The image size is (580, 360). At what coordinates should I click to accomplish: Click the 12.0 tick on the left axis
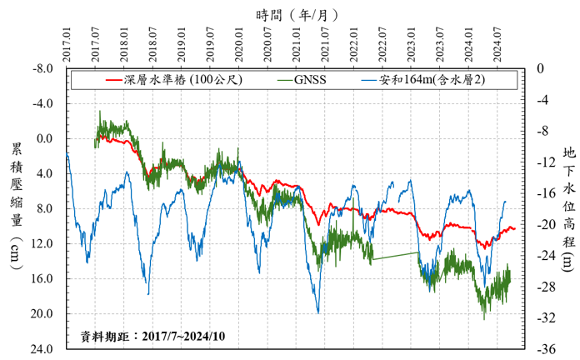43,243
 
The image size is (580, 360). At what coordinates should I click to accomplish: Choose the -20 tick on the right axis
545,224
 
